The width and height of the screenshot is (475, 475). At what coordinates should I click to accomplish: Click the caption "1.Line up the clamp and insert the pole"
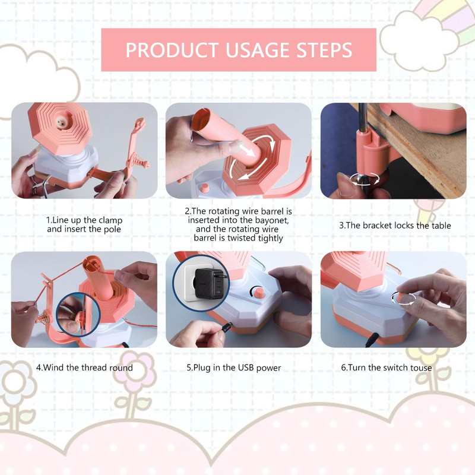point(84,224)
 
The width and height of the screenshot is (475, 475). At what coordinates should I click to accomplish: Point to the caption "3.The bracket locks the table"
point(395,226)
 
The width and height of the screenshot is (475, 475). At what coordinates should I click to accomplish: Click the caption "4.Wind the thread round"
point(84,368)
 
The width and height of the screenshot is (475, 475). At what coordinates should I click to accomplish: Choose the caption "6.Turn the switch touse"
point(387,368)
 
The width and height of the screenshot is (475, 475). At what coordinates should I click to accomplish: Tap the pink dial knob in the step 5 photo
point(258,292)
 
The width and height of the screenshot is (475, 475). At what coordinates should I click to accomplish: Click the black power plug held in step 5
point(226,328)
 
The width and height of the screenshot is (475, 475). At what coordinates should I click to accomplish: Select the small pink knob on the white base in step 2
point(205,188)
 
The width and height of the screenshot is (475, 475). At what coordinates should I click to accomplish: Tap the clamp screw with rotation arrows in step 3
point(365,179)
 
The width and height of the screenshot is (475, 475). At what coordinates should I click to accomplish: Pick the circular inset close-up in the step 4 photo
point(78,315)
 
